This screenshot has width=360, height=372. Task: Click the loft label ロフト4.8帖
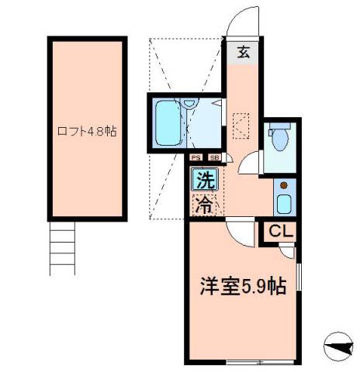point(87,131)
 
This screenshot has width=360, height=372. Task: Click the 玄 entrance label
point(243,53)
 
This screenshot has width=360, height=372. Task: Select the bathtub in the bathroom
point(165,123)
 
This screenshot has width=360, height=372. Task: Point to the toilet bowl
point(279,137)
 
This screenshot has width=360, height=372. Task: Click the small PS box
point(197,158)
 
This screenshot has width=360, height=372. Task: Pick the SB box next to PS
point(213,158)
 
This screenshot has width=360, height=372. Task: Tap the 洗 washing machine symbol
point(204,183)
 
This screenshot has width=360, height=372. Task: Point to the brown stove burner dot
point(283,186)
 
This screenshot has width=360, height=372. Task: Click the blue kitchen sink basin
point(283,205)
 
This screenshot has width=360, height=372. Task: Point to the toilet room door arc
point(250,164)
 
